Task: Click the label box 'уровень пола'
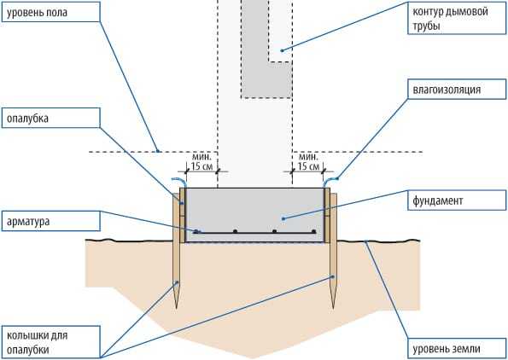[51, 12]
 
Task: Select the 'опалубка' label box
[51, 118]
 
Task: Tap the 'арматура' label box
[51, 221]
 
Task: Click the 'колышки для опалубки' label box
[51, 342]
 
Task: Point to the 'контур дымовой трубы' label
[457, 18]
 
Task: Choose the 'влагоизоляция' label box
[457, 89]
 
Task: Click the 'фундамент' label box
[457, 200]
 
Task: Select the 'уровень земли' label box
[457, 348]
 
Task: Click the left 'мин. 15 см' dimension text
[201, 162]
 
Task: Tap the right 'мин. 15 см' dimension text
[308, 162]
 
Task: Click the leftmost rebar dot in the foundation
[196, 231]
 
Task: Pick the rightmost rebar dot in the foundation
[313, 231]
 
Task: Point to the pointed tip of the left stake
[177, 308]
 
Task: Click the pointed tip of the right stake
[333, 308]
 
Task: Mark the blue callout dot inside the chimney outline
[282, 50]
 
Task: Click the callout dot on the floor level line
[158, 151]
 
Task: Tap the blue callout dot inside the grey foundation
[283, 219]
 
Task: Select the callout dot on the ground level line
[365, 241]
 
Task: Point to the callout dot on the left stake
[178, 282]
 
